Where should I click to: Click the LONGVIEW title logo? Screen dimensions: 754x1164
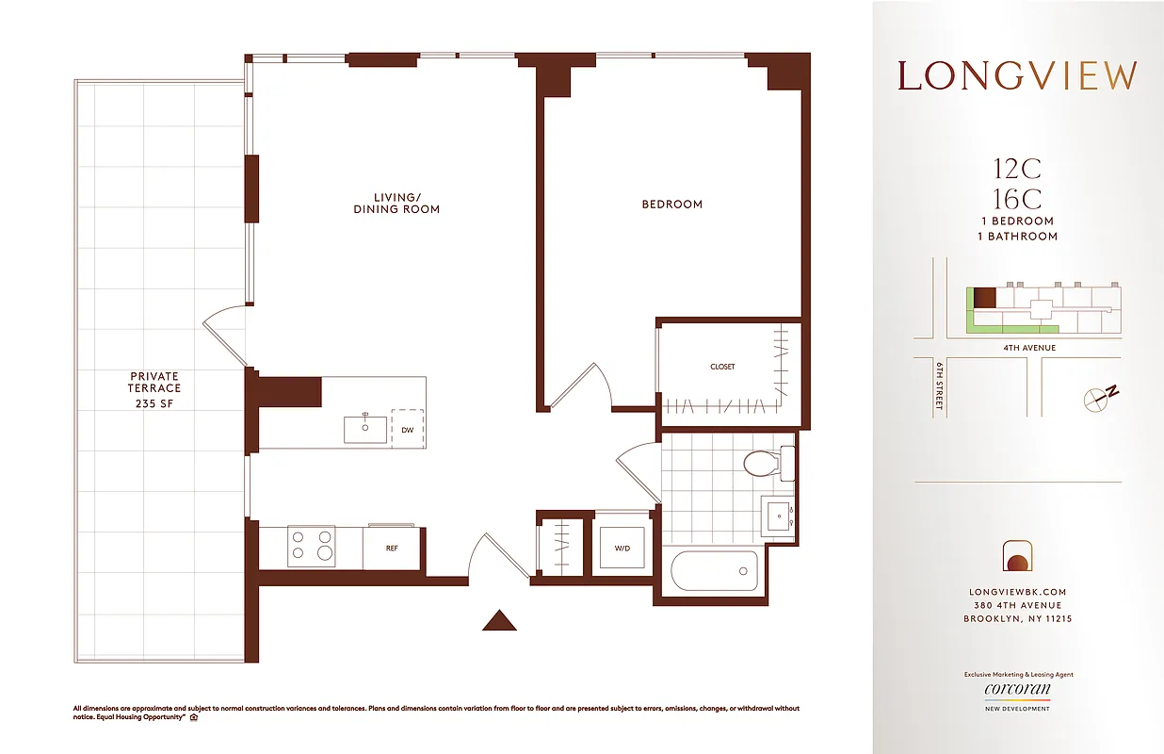tap(1017, 76)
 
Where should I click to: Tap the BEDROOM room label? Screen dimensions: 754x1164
tap(671, 204)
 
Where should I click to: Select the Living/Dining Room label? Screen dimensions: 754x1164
tap(396, 203)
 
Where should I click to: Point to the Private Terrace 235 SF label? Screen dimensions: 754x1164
tap(155, 389)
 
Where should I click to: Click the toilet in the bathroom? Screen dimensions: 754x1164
tap(766, 463)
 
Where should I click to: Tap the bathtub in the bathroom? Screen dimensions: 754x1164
tap(714, 570)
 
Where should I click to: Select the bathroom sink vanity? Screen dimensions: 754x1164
tap(779, 516)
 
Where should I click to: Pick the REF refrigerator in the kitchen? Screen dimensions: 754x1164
tap(393, 547)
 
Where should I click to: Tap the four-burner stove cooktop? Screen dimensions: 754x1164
tap(311, 546)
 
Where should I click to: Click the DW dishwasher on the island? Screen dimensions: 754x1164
tap(407, 429)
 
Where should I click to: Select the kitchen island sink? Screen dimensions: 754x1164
tap(364, 428)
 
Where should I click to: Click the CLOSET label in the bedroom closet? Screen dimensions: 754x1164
tap(722, 367)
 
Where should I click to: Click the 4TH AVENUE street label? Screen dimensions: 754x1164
tap(1028, 348)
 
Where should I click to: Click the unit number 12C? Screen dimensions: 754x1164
tap(1017, 170)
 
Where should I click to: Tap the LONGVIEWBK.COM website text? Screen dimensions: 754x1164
tap(1017, 592)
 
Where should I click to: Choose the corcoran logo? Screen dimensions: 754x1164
tap(1017, 690)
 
